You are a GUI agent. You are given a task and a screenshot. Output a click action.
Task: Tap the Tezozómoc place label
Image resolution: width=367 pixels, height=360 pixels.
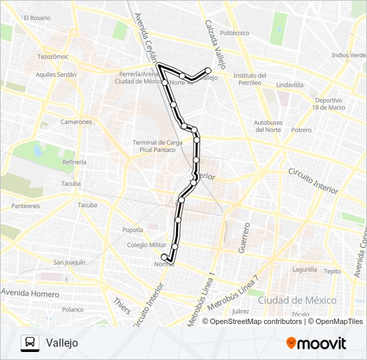click(53, 57)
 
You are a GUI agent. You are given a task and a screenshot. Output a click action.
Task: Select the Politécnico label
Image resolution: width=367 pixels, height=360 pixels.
click(234, 33)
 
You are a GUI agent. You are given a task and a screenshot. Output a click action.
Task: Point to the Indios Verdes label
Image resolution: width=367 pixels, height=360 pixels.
click(348, 55)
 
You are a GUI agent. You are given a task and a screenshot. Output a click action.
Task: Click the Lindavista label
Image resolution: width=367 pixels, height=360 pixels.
click(289, 85)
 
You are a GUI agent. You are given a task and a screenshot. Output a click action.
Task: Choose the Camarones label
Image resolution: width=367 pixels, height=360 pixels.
click(76, 122)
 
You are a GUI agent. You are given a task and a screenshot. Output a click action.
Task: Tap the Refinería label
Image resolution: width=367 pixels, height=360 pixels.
click(75, 162)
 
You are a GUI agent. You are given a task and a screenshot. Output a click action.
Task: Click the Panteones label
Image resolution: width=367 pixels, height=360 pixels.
click(25, 206)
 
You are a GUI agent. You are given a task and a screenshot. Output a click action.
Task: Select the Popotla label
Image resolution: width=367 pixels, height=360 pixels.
click(132, 230)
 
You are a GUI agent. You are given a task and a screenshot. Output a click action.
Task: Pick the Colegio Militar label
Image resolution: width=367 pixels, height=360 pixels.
click(147, 245)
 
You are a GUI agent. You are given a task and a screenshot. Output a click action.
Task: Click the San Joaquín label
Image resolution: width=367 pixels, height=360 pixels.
click(69, 263)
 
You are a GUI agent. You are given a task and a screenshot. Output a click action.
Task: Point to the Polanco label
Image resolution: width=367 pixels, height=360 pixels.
click(72, 309)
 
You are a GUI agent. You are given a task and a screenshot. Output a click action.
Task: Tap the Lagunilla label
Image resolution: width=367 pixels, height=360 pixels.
click(304, 270)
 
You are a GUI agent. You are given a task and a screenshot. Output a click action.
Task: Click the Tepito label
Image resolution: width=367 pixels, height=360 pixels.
click(332, 271)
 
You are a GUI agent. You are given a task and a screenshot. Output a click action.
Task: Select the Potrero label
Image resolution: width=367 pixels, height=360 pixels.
click(302, 130)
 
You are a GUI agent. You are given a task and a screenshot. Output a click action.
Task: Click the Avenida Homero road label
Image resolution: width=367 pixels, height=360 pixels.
click(30, 292)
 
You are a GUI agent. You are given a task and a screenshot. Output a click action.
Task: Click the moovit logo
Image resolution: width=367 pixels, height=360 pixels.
click(316, 343)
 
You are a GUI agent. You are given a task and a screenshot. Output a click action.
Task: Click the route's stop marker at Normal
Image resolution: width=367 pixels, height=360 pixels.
click(164, 257)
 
